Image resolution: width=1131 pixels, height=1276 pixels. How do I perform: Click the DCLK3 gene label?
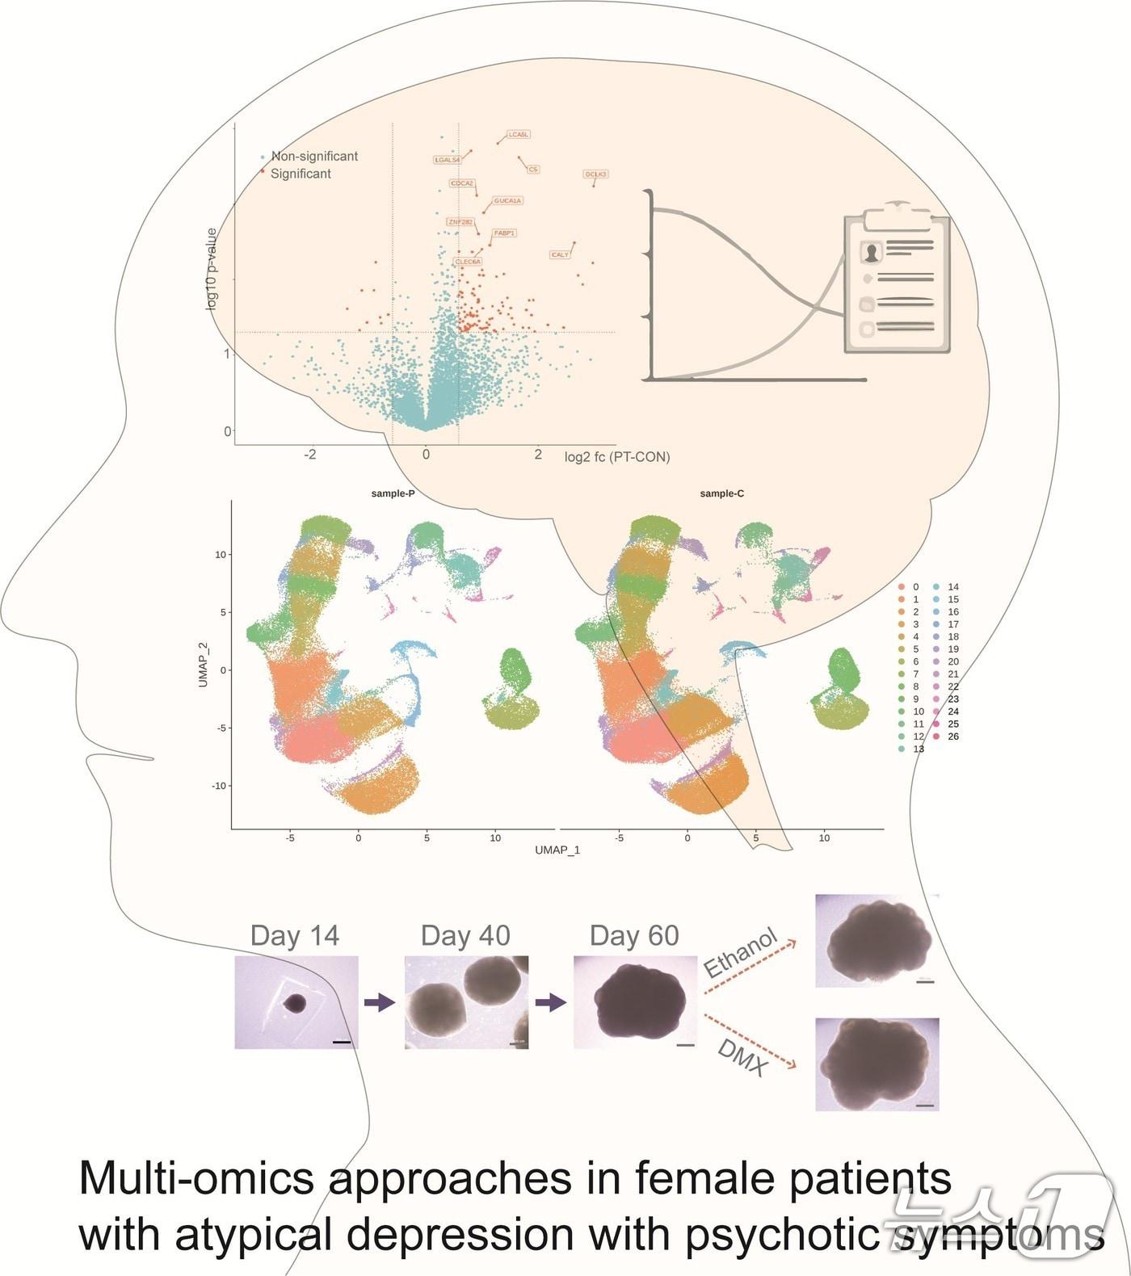tap(595, 174)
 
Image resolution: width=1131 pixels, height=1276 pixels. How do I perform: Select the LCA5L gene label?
tap(519, 135)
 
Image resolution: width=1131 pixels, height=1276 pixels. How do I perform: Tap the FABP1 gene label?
tap(505, 233)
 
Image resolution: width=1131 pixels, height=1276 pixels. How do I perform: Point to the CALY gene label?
tap(560, 255)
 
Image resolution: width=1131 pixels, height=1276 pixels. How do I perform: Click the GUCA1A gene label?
tap(507, 200)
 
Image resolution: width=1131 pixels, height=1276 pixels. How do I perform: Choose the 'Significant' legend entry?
tap(301, 174)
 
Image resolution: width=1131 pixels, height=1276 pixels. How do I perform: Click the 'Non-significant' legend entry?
tap(313, 157)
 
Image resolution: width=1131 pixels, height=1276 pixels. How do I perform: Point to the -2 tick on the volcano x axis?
tap(310, 455)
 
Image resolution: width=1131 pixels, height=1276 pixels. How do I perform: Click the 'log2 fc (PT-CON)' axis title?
tap(617, 457)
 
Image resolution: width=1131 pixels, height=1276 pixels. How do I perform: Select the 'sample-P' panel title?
tap(393, 493)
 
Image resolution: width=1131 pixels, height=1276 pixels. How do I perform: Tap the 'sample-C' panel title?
tap(722, 493)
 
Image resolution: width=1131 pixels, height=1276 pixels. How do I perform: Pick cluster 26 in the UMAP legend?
tap(953, 737)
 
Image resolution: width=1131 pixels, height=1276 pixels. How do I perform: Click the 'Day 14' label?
tap(295, 935)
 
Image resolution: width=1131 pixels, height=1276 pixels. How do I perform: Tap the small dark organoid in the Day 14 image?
tap(295, 1003)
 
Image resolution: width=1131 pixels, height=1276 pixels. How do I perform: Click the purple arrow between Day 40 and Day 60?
tap(550, 1002)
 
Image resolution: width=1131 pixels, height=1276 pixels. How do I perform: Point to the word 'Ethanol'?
tap(740, 953)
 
